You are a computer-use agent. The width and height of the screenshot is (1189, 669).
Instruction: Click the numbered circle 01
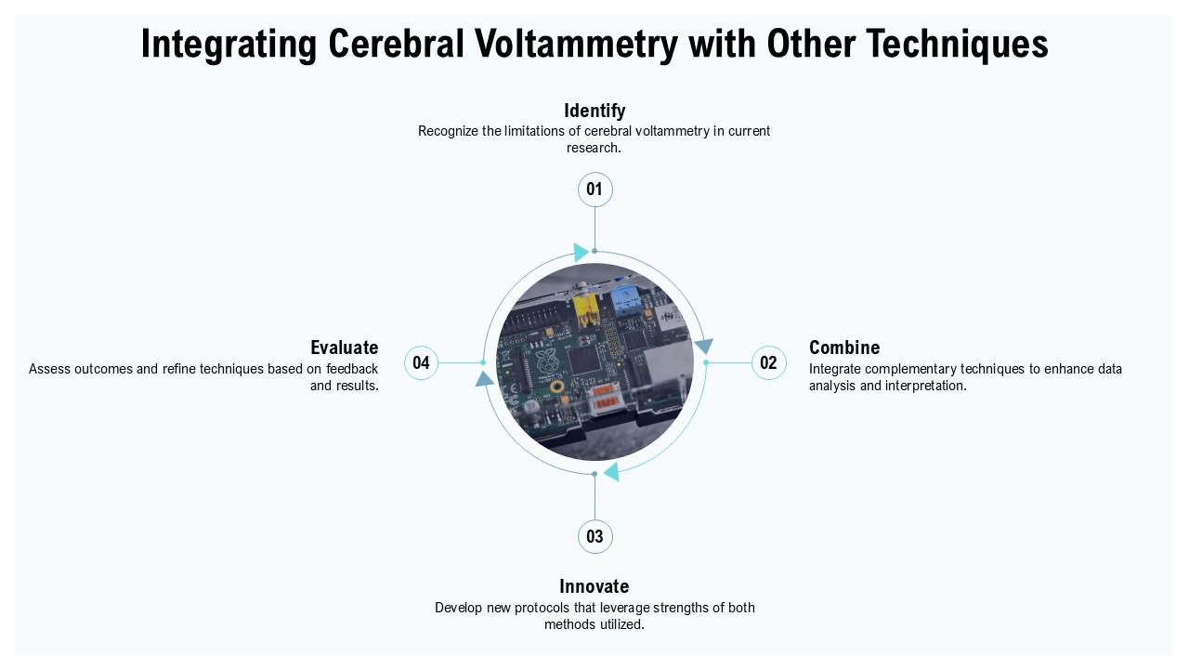tap(595, 190)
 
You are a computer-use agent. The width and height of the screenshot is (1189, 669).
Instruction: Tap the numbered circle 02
tap(768, 362)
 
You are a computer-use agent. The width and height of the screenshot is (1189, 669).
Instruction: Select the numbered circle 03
tap(595, 536)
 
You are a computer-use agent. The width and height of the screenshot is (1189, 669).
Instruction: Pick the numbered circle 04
tap(422, 362)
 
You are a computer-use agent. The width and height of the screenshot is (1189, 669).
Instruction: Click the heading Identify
tap(594, 111)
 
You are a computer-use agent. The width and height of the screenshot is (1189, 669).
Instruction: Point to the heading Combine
tap(844, 348)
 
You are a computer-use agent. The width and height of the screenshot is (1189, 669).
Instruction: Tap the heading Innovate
tap(594, 586)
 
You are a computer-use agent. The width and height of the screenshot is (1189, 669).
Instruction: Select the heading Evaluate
tap(345, 348)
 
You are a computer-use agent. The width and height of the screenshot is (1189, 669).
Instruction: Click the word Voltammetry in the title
tap(576, 44)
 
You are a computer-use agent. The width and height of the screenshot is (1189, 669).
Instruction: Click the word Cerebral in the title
tap(396, 44)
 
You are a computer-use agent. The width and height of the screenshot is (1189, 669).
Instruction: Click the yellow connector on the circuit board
tap(586, 311)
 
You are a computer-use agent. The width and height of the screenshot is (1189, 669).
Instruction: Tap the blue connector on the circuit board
tap(624, 301)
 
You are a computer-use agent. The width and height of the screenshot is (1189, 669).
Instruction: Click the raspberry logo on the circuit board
tap(546, 361)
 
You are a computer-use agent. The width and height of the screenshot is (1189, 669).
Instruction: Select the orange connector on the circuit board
tap(605, 397)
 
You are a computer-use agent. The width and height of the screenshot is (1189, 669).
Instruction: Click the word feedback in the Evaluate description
tap(352, 369)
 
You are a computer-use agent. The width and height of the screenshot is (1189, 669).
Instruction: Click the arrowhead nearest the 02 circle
tap(704, 347)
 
